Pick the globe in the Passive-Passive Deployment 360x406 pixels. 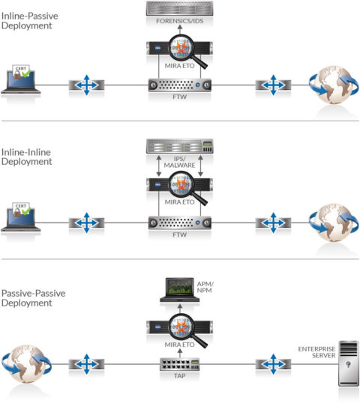pyautogui.click(x=27, y=364)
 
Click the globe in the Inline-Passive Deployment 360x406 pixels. pyautogui.click(x=332, y=85)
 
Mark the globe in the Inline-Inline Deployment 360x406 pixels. pyautogui.click(x=332, y=222)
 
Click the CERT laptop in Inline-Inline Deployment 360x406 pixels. pyautogui.click(x=22, y=219)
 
